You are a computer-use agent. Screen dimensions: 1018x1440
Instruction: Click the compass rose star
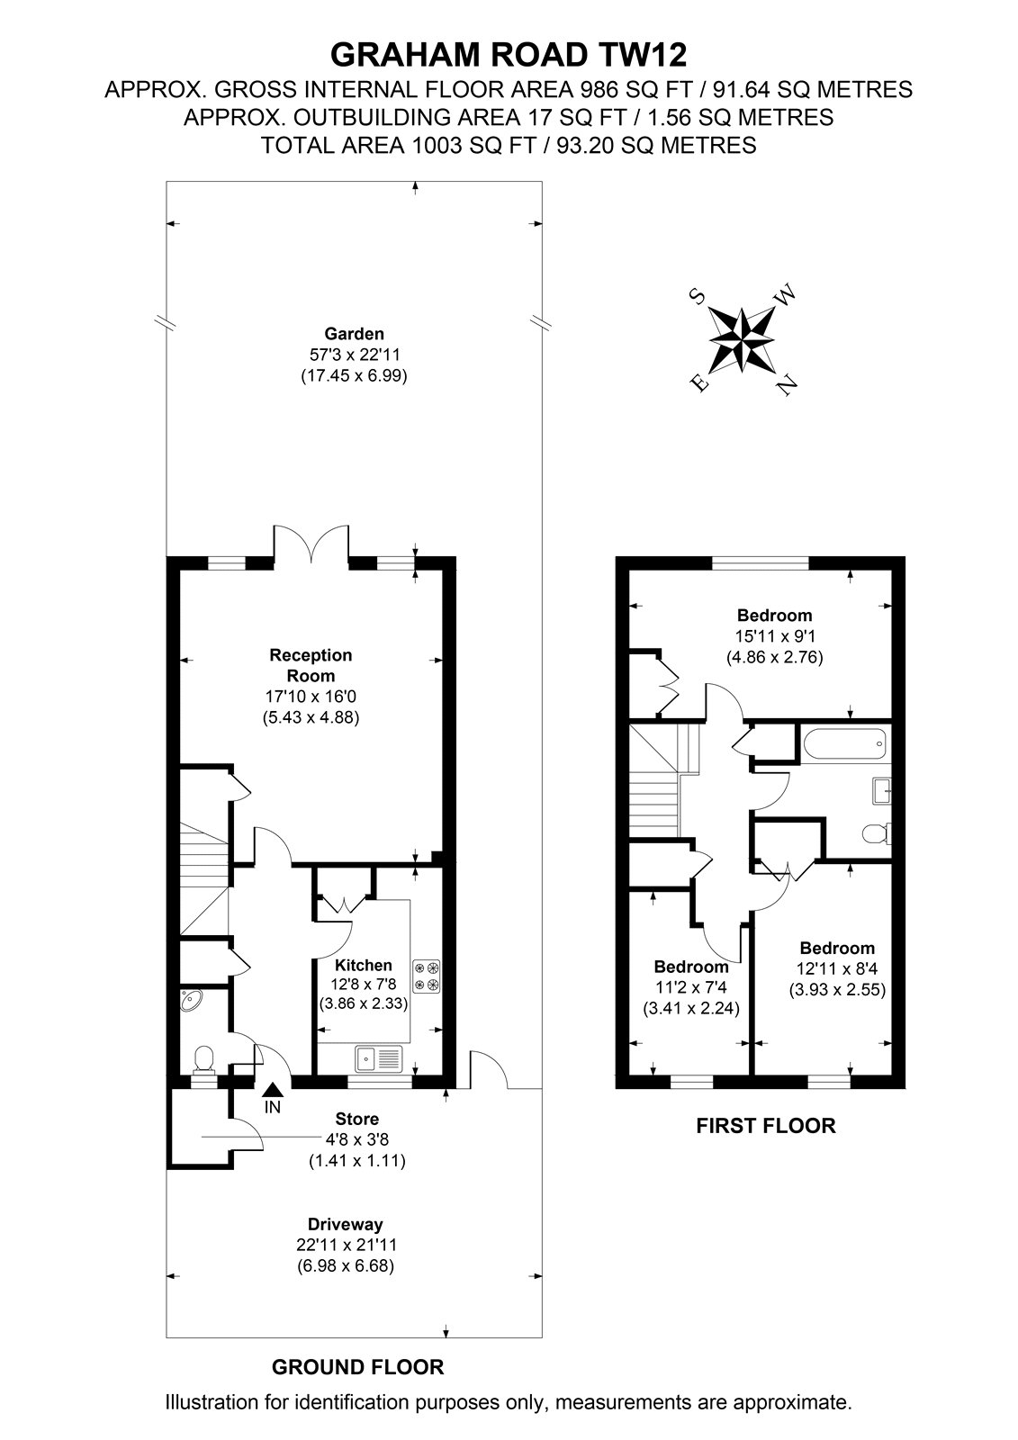click(742, 338)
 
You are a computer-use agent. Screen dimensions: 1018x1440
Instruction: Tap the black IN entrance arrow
click(273, 1088)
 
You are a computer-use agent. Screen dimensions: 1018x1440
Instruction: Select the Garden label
click(354, 334)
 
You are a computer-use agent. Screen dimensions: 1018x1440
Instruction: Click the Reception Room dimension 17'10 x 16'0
click(311, 697)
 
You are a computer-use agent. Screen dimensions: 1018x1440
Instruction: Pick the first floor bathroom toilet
click(876, 833)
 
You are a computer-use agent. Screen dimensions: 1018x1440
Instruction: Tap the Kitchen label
click(364, 965)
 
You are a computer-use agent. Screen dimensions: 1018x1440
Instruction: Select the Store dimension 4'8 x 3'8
click(357, 1139)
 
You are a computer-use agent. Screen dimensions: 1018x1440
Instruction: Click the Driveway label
click(346, 1225)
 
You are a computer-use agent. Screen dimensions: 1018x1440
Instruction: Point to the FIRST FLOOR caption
click(766, 1126)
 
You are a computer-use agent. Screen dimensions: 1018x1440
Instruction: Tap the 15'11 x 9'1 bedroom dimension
click(774, 636)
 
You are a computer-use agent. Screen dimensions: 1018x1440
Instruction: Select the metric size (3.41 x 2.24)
click(691, 1008)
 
